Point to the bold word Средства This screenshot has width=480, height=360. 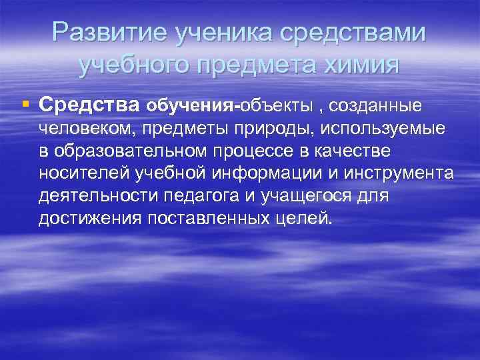[x=89, y=105]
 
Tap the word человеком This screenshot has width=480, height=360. [x=87, y=128]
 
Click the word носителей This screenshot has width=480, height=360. [x=86, y=174]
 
